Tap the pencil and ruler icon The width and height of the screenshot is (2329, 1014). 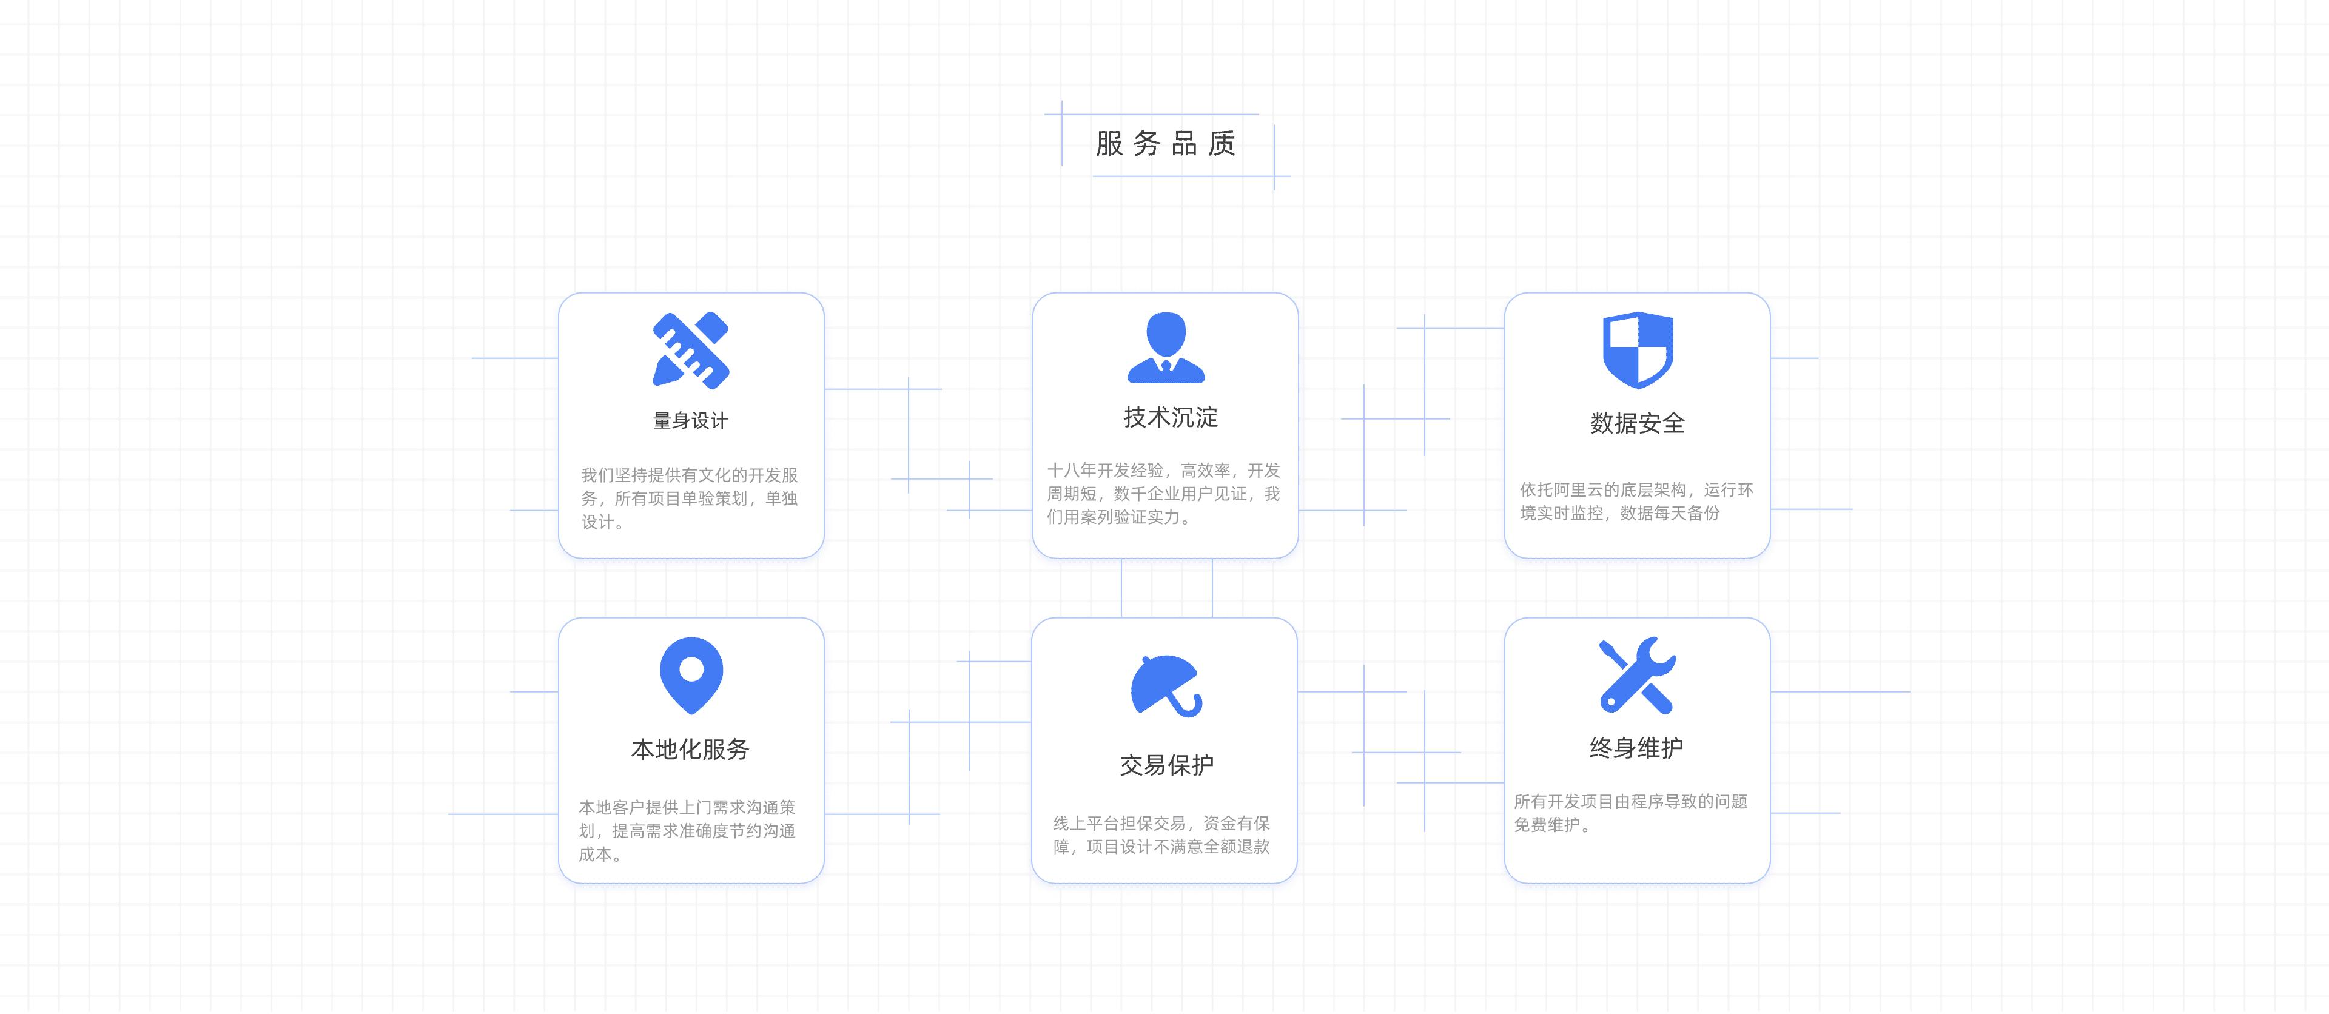point(691,351)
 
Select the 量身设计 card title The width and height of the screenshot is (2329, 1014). point(691,420)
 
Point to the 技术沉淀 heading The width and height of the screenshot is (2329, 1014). point(1170,417)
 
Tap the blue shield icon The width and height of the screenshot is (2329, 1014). point(1638,350)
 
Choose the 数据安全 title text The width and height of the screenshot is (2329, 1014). point(1638,423)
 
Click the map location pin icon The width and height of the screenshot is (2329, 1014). point(691,675)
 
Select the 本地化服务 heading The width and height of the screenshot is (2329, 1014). point(691,749)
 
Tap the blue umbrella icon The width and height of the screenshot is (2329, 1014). point(1166,686)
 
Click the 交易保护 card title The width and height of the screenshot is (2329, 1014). point(1166,765)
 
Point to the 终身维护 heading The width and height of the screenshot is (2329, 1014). point(1636,748)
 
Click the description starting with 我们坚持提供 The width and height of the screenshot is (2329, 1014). point(689,498)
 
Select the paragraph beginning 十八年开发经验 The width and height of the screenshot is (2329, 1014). point(1164,494)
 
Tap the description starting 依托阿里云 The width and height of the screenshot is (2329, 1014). point(1636,502)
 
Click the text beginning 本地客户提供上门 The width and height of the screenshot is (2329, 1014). point(687,830)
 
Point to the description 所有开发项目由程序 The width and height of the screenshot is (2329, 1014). point(1630,813)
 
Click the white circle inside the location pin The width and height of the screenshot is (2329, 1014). point(691,669)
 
